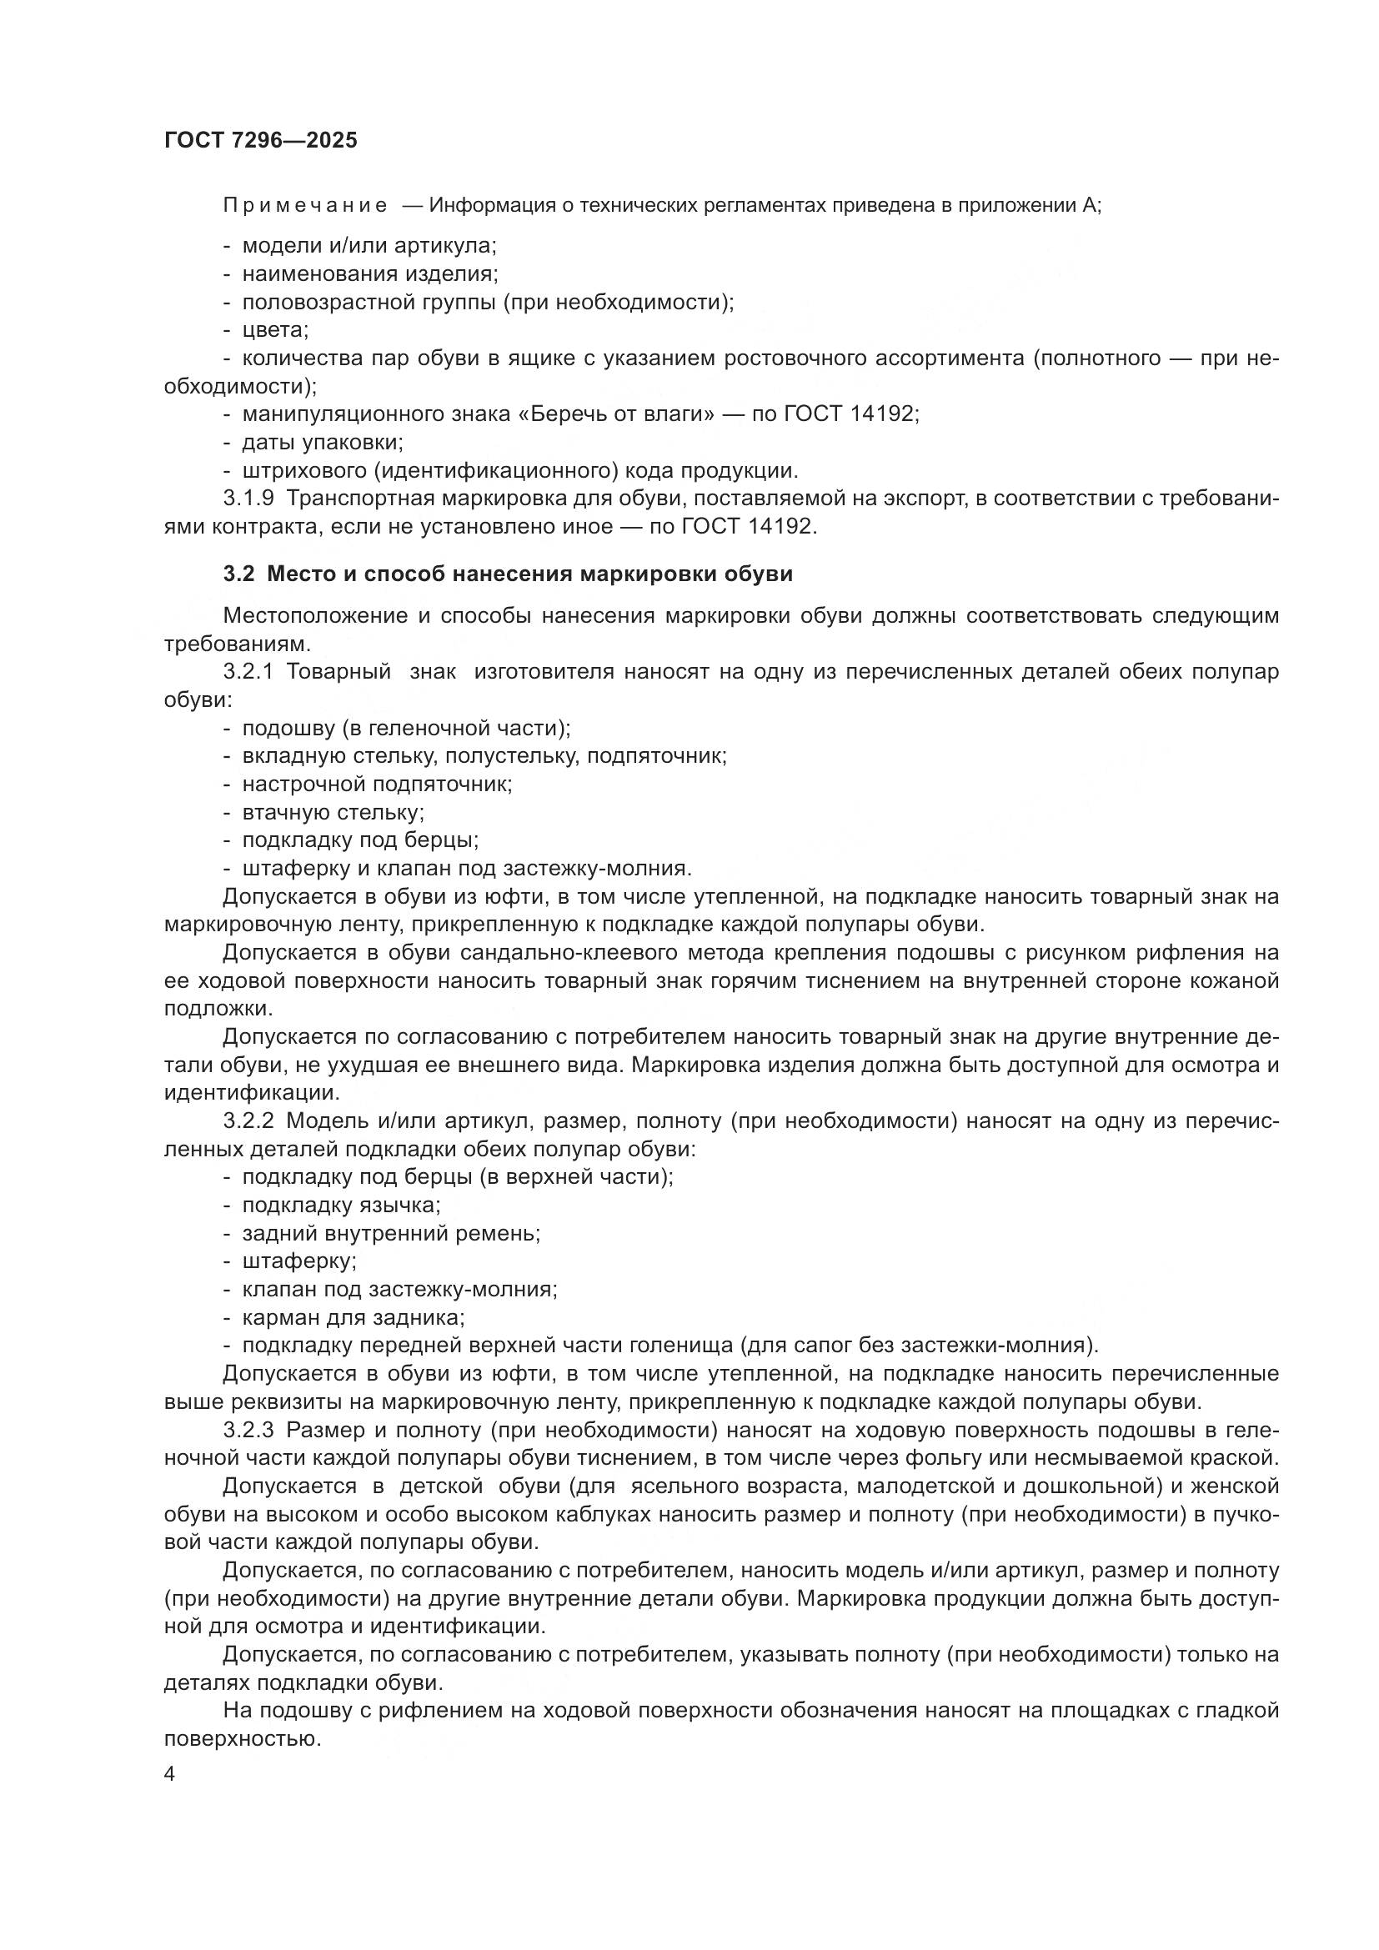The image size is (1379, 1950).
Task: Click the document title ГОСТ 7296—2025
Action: click(x=261, y=141)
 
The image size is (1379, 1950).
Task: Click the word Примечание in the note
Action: click(x=305, y=206)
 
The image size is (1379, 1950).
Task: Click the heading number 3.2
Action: click(x=238, y=574)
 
